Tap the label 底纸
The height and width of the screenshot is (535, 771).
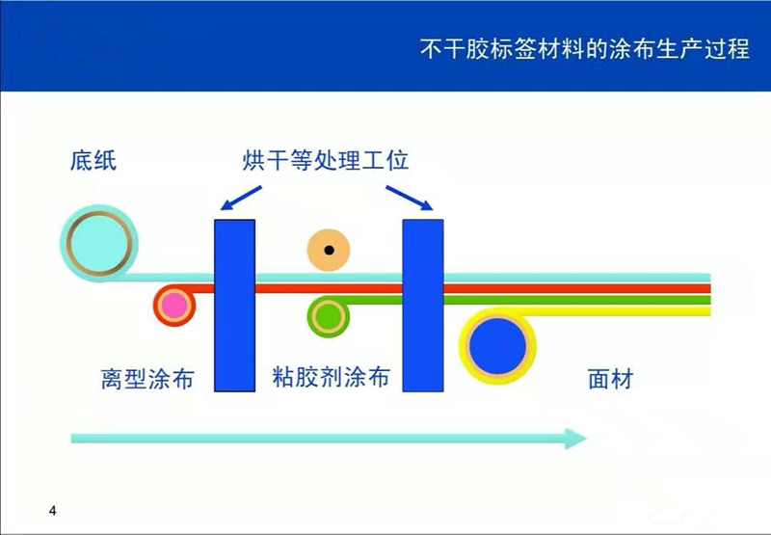(93, 160)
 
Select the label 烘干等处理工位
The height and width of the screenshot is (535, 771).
(326, 160)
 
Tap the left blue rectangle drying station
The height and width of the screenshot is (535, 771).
(234, 305)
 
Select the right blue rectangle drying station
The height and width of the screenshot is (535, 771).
(423, 305)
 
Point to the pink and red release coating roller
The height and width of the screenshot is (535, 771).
(174, 306)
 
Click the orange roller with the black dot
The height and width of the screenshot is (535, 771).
(329, 251)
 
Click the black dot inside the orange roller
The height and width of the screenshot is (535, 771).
(329, 251)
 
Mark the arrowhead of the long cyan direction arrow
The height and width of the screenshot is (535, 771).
(574, 438)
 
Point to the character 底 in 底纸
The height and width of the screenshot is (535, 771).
(81, 160)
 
